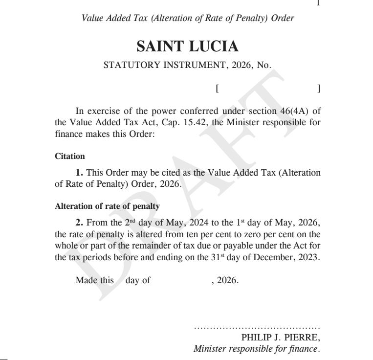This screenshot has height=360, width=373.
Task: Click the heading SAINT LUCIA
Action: click(x=187, y=46)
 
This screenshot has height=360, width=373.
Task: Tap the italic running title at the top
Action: click(x=188, y=19)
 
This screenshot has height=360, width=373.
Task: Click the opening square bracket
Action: click(x=216, y=89)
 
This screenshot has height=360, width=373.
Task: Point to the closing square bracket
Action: click(x=318, y=89)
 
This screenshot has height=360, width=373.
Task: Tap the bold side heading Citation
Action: click(x=70, y=157)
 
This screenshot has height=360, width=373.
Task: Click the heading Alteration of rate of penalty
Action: click(x=107, y=206)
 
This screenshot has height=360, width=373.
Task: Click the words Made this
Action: click(x=94, y=281)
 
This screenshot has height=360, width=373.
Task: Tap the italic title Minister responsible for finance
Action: click(x=257, y=349)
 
